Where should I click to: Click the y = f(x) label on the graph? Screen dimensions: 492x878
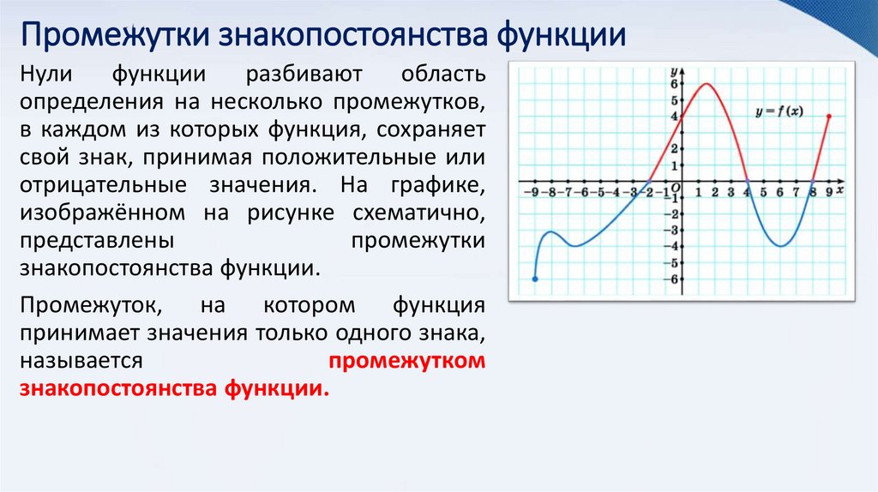point(779,112)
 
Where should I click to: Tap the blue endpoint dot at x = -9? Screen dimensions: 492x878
point(535,279)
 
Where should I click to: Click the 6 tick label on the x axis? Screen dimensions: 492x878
point(780,193)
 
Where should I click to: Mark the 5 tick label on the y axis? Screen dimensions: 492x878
point(675,99)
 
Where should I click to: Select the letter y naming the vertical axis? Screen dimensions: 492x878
point(675,70)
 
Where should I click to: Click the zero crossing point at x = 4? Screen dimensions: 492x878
point(748,182)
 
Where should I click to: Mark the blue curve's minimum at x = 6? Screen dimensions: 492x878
point(780,247)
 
